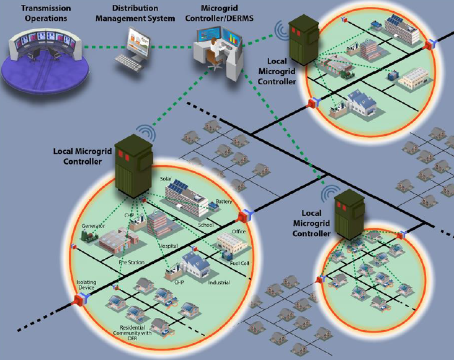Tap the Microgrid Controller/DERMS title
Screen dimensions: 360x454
pyautogui.click(x=226, y=14)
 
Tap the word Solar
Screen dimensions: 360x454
pyautogui.click(x=166, y=179)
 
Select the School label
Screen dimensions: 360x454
pyautogui.click(x=205, y=224)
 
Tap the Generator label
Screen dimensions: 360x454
pyautogui.click(x=94, y=225)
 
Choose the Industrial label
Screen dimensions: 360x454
pyautogui.click(x=219, y=282)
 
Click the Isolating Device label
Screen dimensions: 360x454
pyautogui.click(x=87, y=285)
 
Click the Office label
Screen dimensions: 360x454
pyautogui.click(x=239, y=232)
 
